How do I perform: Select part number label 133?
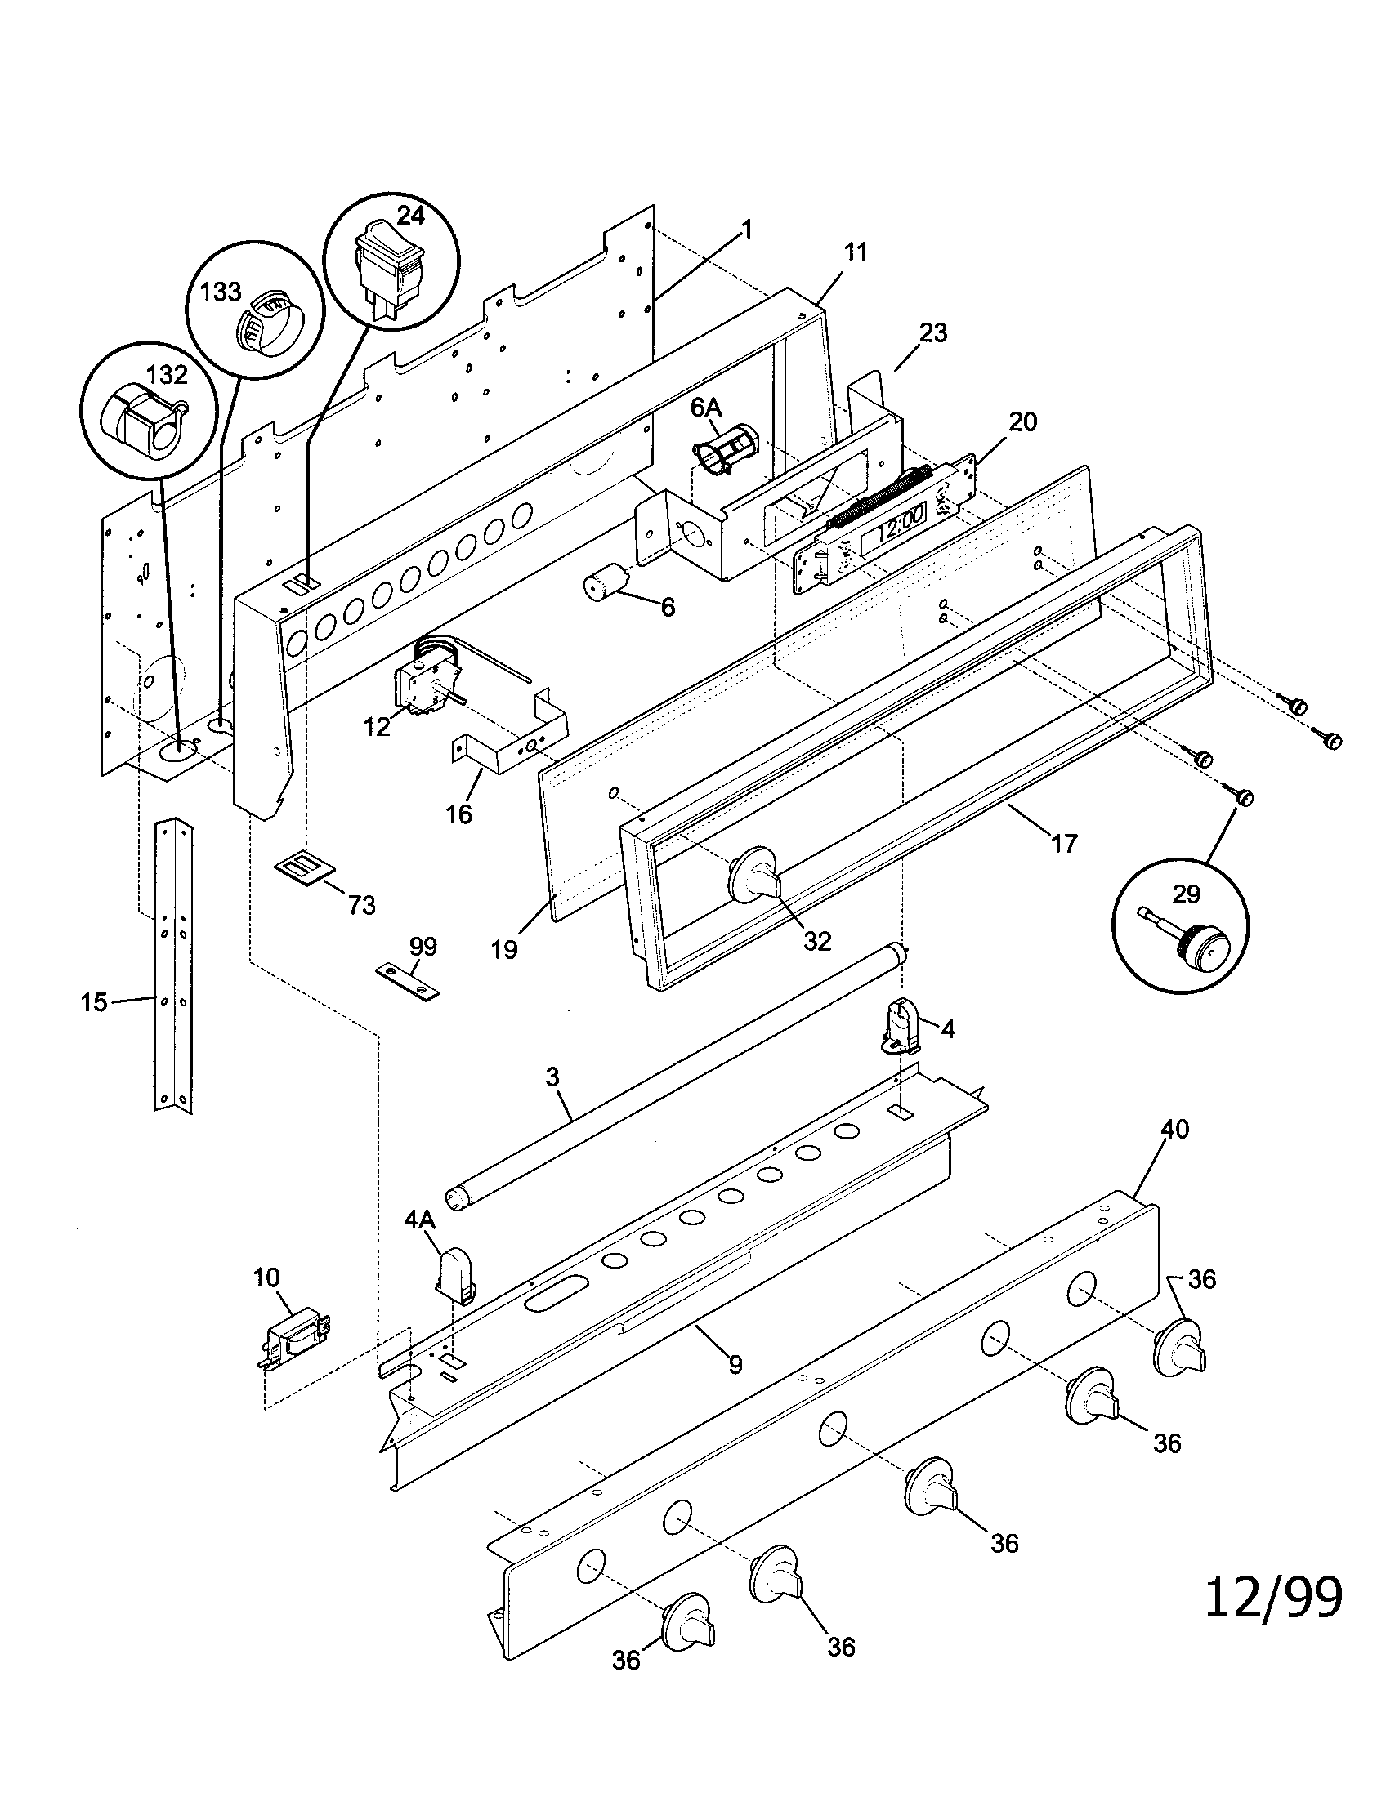[x=221, y=292]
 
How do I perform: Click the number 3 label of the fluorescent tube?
[x=552, y=1077]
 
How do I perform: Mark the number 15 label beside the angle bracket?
[x=94, y=1002]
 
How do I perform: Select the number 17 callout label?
[x=1063, y=844]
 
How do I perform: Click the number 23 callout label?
[x=933, y=333]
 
